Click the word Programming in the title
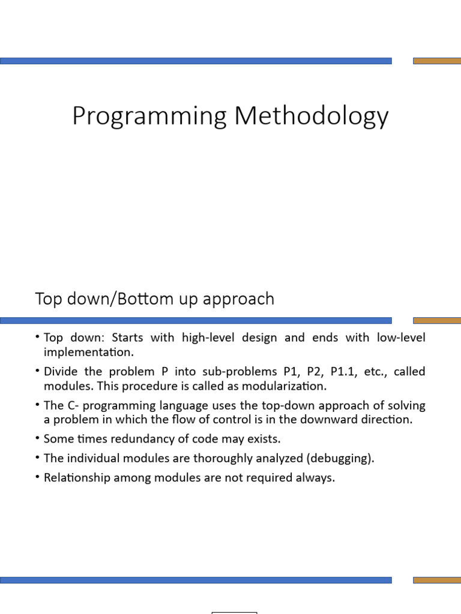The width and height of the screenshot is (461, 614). [x=149, y=116]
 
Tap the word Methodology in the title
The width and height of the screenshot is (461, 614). [x=312, y=116]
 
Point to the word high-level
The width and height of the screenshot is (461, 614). [x=208, y=338]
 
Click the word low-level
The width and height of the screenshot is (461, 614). [x=401, y=337]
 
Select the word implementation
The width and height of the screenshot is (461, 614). [x=89, y=352]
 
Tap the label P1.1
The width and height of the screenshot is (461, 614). [x=343, y=371]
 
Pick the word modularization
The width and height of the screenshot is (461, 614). [x=284, y=386]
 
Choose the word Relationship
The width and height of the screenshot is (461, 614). [x=77, y=478]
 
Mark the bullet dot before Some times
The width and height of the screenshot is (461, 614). [x=37, y=438]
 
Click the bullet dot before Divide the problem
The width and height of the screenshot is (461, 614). [x=37, y=370]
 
